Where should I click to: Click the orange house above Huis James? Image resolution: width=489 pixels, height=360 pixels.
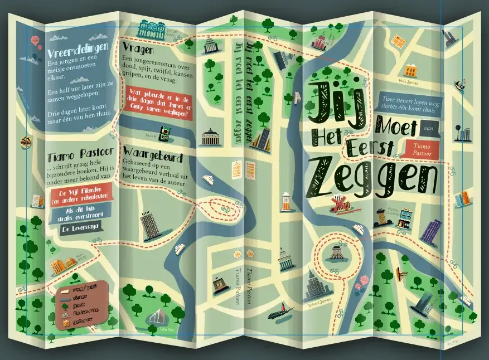pyautogui.click(x=411, y=71)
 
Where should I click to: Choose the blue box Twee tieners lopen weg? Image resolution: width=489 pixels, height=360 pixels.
pyautogui.click(x=409, y=104)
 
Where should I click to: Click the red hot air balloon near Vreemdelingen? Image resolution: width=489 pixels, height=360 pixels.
pyautogui.click(x=36, y=41)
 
